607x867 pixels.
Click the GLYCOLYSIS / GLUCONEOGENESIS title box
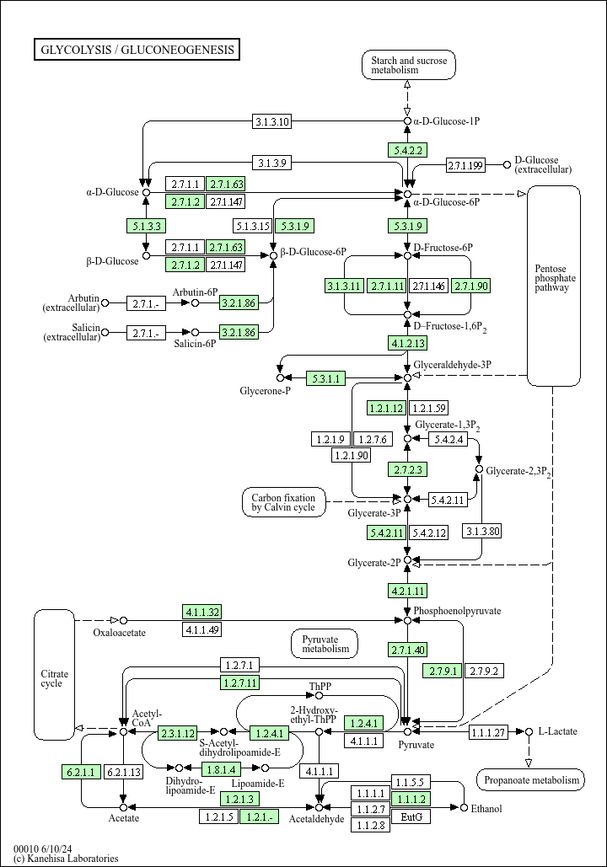pyautogui.click(x=137, y=50)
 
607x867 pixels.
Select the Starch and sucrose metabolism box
pyautogui.click(x=408, y=65)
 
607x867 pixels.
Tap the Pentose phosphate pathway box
pyautogui.click(x=554, y=278)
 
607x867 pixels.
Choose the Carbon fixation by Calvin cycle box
pyautogui.click(x=283, y=502)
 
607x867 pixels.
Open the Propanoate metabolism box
pyautogui.click(x=530, y=780)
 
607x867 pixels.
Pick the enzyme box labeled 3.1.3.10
pyautogui.click(x=272, y=121)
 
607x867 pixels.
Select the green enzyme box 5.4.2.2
pyautogui.click(x=407, y=150)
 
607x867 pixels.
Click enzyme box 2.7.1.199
pyautogui.click(x=465, y=164)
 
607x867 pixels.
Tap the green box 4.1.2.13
pyautogui.click(x=407, y=343)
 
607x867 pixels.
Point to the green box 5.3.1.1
pyautogui.click(x=325, y=378)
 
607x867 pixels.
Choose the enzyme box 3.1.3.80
pyautogui.click(x=482, y=531)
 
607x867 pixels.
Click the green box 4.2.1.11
pyautogui.click(x=407, y=590)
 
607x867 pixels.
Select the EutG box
pyautogui.click(x=411, y=816)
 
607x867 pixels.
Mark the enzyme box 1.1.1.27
pyautogui.click(x=488, y=731)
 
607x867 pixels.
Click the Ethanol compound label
pyautogui.click(x=486, y=809)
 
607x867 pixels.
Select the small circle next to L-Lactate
pyautogui.click(x=529, y=731)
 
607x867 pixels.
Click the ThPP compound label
pyautogui.click(x=320, y=687)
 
